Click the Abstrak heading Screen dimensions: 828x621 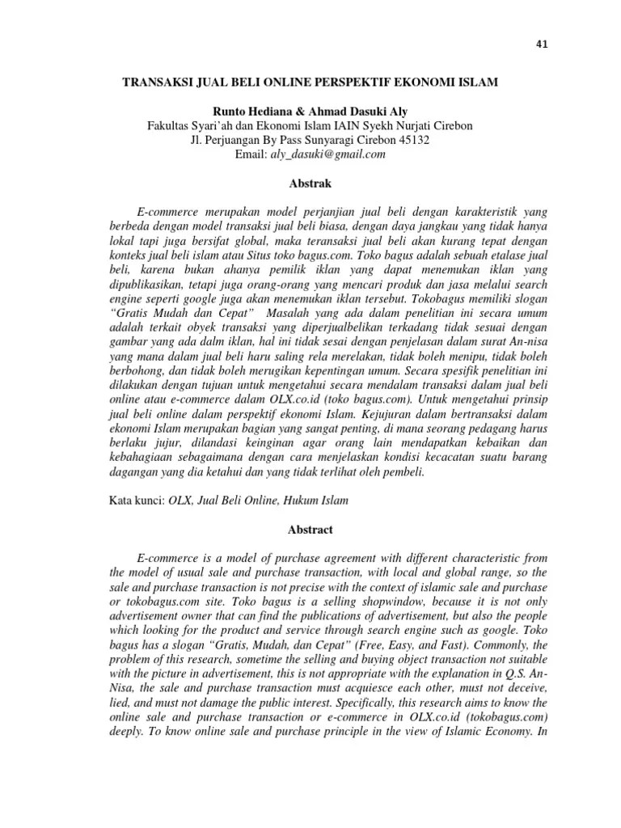tap(310, 184)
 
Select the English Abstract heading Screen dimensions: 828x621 tap(310, 530)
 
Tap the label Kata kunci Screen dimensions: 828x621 tap(137, 501)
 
